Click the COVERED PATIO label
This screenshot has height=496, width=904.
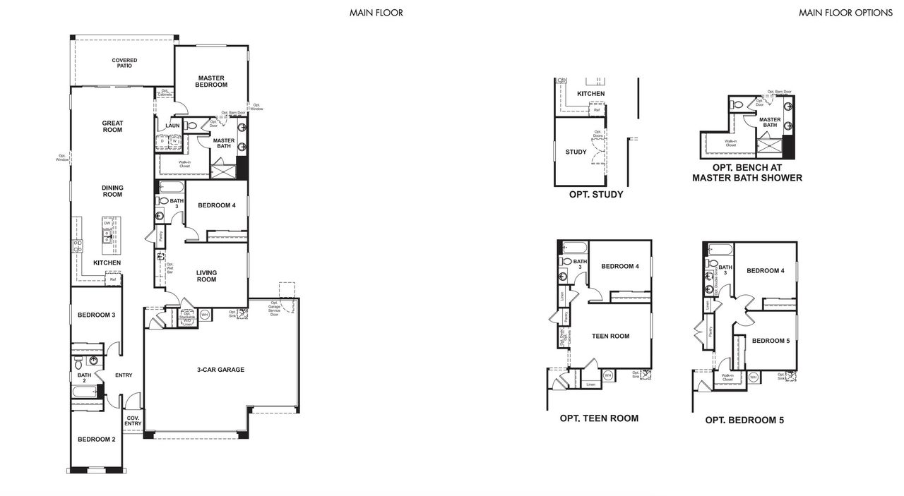124,63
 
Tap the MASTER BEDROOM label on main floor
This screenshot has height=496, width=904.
212,81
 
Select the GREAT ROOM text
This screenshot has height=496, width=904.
112,126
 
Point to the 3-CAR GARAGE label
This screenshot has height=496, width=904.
220,369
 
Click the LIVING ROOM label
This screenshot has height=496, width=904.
206,276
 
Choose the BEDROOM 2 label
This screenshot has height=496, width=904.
96,439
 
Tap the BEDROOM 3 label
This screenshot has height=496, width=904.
96,315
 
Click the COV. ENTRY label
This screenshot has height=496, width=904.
133,421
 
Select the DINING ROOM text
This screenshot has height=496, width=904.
112,191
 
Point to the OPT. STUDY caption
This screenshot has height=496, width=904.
596,194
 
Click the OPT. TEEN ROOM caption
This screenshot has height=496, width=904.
599,418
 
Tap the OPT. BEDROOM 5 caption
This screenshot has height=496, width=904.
744,420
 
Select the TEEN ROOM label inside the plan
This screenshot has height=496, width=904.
610,336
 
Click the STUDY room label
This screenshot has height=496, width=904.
576,152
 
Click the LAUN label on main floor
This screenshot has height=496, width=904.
172,126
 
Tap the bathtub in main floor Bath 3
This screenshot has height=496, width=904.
172,188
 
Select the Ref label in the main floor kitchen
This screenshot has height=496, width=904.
112,280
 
